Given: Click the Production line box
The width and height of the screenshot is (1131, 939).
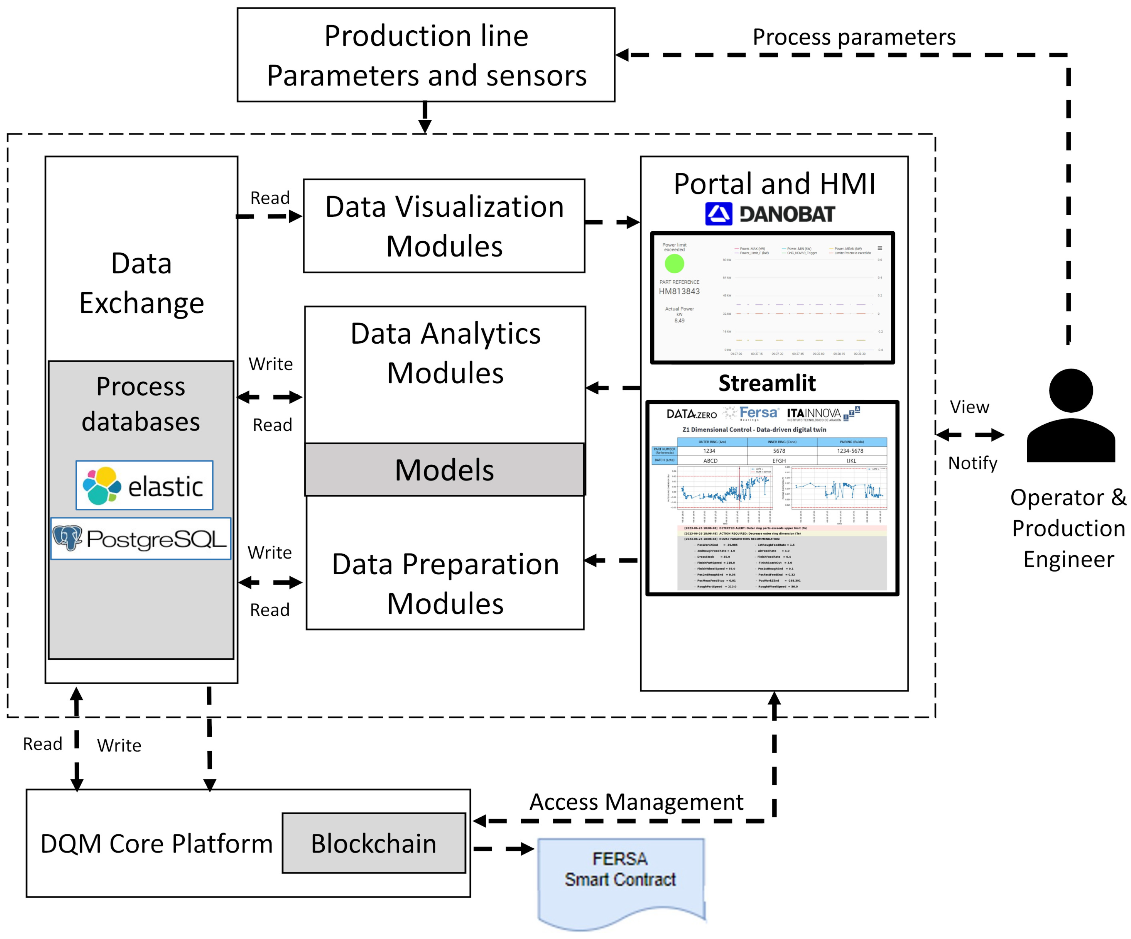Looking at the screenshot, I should [x=426, y=54].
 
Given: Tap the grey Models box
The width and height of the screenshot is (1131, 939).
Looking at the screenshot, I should [x=444, y=469].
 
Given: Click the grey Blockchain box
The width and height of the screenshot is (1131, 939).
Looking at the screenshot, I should [x=374, y=843].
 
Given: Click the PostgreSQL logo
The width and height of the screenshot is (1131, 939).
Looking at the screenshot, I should [x=141, y=538].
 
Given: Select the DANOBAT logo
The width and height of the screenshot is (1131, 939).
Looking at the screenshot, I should [x=770, y=214].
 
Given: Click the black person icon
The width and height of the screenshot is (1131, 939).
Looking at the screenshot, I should [x=1071, y=415].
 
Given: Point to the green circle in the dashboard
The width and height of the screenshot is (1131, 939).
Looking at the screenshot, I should [x=674, y=264].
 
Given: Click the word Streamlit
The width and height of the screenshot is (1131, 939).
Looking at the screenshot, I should [x=767, y=383].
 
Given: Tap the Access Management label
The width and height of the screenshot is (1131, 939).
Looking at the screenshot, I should [x=636, y=802].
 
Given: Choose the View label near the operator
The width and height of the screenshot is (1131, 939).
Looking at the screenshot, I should [x=969, y=407].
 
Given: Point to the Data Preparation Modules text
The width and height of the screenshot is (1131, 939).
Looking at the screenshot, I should [x=446, y=584].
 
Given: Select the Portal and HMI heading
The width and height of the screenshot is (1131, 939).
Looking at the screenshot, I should [x=774, y=184].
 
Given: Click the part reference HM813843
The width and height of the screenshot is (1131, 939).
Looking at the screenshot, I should [x=679, y=291].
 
